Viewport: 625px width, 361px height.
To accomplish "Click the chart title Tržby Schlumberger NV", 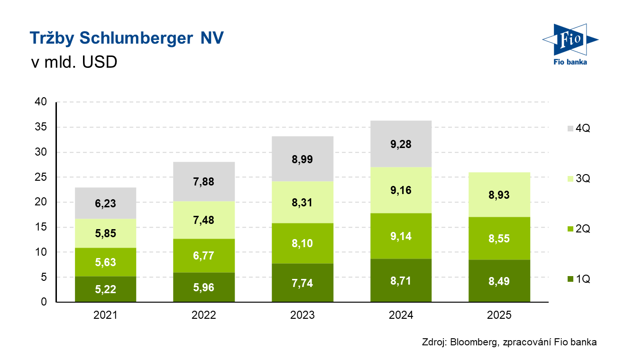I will click(x=126, y=38).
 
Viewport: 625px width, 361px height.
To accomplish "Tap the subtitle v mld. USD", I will click(x=74, y=62).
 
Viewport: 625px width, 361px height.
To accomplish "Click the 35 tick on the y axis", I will click(x=41, y=127).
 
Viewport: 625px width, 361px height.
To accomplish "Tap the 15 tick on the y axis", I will click(x=41, y=227).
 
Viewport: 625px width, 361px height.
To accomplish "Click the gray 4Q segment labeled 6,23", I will click(x=106, y=203).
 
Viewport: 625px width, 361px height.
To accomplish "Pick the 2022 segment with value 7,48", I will click(x=204, y=220).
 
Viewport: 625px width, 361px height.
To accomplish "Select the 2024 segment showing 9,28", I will click(x=401, y=144).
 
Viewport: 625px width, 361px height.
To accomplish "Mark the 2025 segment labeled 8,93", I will click(x=499, y=194).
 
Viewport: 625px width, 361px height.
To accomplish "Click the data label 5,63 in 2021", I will click(x=106, y=262).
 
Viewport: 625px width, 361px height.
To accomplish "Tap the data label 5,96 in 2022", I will click(x=204, y=287).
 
